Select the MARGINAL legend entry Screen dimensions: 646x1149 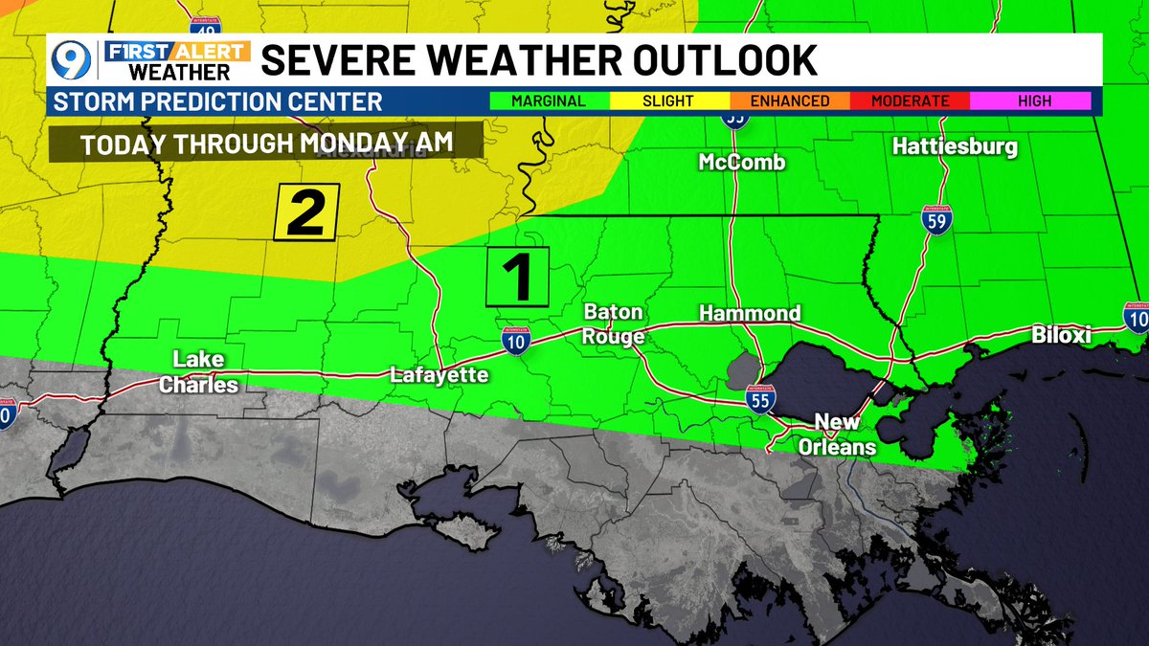tap(550, 100)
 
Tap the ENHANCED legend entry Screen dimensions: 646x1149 tap(789, 100)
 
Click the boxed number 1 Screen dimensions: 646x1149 tap(518, 277)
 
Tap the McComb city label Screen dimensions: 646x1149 tap(742, 163)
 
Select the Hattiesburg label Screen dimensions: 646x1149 tap(955, 147)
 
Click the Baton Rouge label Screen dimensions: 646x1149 tap(614, 324)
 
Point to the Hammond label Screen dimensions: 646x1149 tap(750, 314)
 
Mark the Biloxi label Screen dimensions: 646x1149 tap(1061, 335)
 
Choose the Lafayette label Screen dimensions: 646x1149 tap(439, 375)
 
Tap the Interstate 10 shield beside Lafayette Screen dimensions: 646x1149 tap(515, 340)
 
